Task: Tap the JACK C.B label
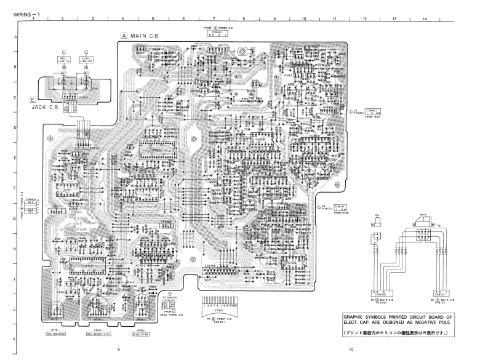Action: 54,106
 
